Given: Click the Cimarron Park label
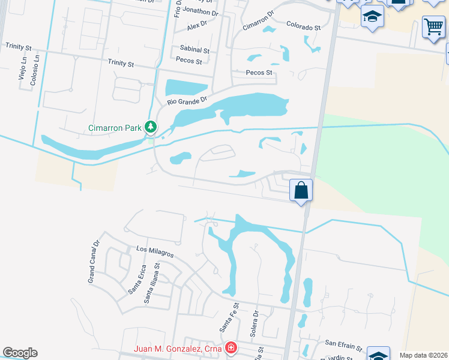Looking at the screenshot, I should click(x=114, y=127).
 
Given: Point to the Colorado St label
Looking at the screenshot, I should click(x=303, y=27).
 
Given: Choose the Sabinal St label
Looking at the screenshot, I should click(x=194, y=50).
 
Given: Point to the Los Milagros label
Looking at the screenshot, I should click(x=154, y=251).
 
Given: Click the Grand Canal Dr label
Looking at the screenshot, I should click(x=93, y=262).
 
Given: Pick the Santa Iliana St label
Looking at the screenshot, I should click(x=151, y=284).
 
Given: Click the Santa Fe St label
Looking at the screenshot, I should click(x=229, y=318).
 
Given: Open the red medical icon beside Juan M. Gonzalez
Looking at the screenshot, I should click(x=231, y=348).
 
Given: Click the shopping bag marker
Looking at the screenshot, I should click(x=301, y=191).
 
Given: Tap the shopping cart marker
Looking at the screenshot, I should click(x=433, y=26).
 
